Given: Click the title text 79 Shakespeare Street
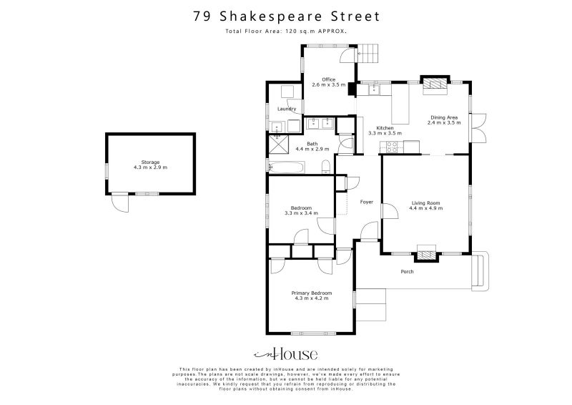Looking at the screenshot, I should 286,16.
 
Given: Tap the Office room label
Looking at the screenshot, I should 328,79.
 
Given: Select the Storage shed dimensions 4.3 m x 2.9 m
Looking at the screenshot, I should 150,167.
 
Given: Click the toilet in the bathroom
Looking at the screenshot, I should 327,167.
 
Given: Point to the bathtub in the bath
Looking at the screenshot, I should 287,167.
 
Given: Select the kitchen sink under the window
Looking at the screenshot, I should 373,90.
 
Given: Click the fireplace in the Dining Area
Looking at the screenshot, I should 433,84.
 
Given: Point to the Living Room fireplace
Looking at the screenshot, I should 427,253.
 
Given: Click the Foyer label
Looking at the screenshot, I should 367,202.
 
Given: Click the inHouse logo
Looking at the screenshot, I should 286,354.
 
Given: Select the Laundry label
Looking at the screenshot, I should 287,109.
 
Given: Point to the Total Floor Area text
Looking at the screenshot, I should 286,32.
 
